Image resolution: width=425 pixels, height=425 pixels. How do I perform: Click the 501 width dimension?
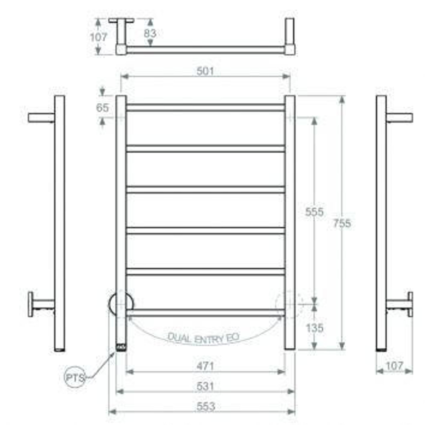tap(205, 71)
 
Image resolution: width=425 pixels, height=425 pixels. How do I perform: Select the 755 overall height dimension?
tap(342, 223)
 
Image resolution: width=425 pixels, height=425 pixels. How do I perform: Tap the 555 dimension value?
tap(314, 212)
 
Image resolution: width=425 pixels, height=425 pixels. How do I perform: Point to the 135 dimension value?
tap(314, 328)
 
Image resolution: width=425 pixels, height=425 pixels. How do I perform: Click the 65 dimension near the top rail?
tap(102, 108)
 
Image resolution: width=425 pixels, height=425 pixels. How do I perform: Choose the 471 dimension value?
tap(205, 366)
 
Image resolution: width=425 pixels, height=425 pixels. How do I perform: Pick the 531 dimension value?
tap(205, 386)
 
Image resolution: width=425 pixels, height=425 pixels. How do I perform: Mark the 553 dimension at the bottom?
tap(205, 406)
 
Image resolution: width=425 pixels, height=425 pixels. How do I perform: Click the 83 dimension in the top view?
tap(150, 33)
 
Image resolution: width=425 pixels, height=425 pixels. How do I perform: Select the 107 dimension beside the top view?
tap(98, 37)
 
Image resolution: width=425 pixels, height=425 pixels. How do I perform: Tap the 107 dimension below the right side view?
tap(394, 366)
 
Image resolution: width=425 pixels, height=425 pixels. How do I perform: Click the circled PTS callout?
tap(75, 378)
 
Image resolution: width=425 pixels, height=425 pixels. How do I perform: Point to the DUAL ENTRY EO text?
tap(203, 338)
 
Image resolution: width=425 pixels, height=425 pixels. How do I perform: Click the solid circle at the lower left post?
tap(121, 303)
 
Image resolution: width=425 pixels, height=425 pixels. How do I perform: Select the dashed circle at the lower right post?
tap(290, 303)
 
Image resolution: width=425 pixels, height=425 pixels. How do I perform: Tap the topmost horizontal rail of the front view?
tap(205, 108)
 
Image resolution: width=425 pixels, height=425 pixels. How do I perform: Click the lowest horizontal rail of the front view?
tap(205, 312)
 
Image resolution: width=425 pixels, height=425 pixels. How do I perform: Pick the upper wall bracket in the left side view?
tap(41, 118)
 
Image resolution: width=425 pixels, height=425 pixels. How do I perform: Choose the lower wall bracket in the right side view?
tap(400, 304)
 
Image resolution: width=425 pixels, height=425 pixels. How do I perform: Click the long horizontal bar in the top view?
tap(205, 50)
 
